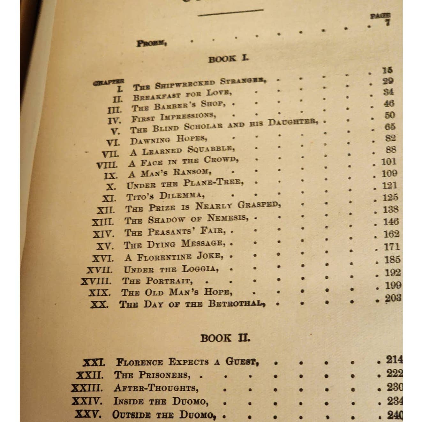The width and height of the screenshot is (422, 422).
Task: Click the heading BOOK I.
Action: pyautogui.click(x=228, y=59)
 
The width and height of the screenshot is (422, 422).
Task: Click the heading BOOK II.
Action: pyautogui.click(x=225, y=338)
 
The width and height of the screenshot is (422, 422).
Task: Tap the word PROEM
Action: pyautogui.click(x=151, y=43)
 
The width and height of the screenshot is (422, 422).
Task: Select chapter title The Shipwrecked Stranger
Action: pyautogui.click(x=200, y=84)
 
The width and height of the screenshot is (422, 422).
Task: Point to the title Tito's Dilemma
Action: pyautogui.click(x=166, y=195)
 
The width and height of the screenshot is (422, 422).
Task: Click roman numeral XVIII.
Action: pyautogui.click(x=96, y=282)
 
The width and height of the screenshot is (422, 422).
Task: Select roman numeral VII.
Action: pyautogui.click(x=110, y=154)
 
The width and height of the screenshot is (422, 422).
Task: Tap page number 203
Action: pyautogui.click(x=393, y=298)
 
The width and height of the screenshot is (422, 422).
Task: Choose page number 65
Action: pyautogui.click(x=390, y=127)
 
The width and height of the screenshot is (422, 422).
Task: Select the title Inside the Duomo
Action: pyautogui.click(x=161, y=401)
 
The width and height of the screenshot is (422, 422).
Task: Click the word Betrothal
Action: pyautogui.click(x=237, y=303)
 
